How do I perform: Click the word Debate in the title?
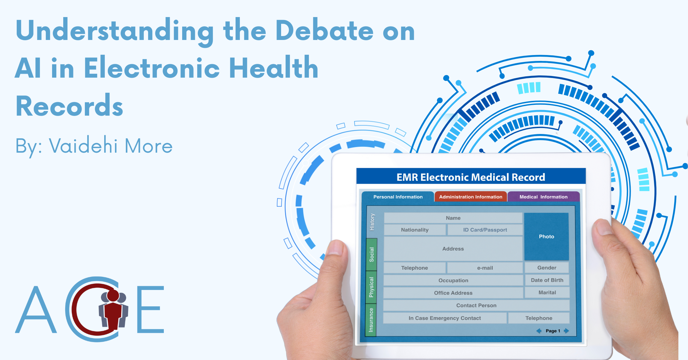pos(324,30)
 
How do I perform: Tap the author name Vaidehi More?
pos(111,146)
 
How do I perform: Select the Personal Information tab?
pos(398,197)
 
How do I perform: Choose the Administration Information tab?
pos(470,197)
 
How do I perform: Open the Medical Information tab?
pos(544,197)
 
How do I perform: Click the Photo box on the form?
pos(546,237)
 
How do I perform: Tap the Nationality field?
pos(415,230)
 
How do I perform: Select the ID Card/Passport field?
pos(485,230)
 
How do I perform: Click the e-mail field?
pos(485,268)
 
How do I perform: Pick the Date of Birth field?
pos(547,280)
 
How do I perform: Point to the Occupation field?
pos(453,280)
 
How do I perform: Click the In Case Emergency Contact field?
pos(445,318)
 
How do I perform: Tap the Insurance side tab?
pos(371,320)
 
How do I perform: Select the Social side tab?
pos(372,255)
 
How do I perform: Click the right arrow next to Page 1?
pos(566,331)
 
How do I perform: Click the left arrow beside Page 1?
pos(539,331)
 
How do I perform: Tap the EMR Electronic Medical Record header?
pos(471,177)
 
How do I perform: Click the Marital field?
pos(547,293)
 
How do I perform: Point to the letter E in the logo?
pos(150,309)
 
